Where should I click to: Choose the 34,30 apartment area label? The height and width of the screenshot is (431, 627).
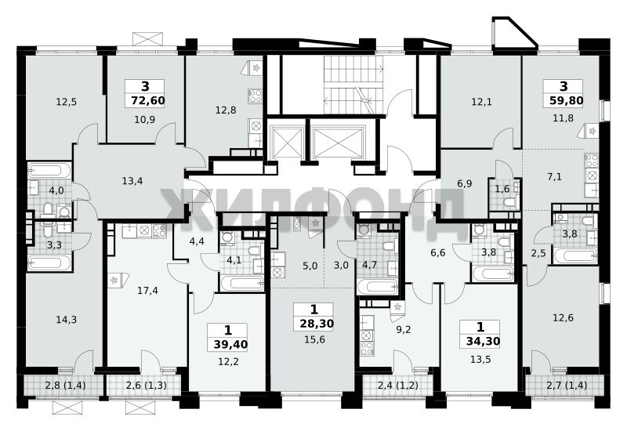(483, 342)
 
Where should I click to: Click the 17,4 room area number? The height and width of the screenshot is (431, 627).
(147, 291)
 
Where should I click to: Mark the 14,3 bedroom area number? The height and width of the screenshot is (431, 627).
(67, 320)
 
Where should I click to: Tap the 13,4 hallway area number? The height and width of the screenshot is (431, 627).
(132, 181)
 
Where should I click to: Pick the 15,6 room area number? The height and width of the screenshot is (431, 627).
(314, 340)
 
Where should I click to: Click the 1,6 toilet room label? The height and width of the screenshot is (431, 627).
(502, 189)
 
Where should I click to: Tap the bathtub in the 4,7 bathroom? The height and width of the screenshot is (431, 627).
(377, 287)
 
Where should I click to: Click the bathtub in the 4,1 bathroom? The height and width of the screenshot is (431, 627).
(241, 283)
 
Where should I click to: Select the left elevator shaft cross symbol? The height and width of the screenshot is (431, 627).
(286, 143)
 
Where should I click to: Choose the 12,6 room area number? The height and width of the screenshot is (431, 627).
(563, 318)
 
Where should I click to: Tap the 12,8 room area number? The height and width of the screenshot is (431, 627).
(226, 110)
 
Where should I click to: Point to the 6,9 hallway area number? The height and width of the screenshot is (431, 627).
(465, 183)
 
